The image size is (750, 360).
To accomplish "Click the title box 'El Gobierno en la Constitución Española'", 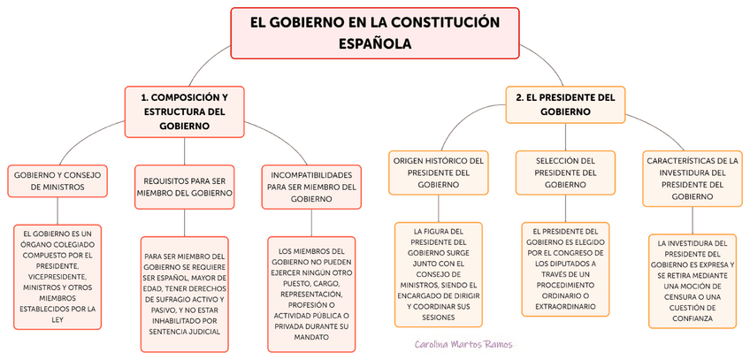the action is click(x=374, y=32).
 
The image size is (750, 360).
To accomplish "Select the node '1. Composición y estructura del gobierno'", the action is click(x=184, y=111).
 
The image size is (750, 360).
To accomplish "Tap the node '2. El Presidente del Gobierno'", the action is click(x=564, y=104).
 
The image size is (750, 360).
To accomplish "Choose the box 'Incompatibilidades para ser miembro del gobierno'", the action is click(x=311, y=187).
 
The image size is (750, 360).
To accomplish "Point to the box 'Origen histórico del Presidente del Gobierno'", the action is click(x=438, y=172).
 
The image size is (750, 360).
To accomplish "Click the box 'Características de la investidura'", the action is click(x=692, y=179).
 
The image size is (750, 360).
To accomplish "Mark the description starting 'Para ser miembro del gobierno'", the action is click(x=184, y=295).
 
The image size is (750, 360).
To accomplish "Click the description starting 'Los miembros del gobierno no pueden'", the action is click(x=311, y=293).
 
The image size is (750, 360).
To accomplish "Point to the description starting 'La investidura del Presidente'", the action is click(x=692, y=280).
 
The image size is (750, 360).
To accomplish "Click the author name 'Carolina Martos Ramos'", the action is click(x=463, y=344).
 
